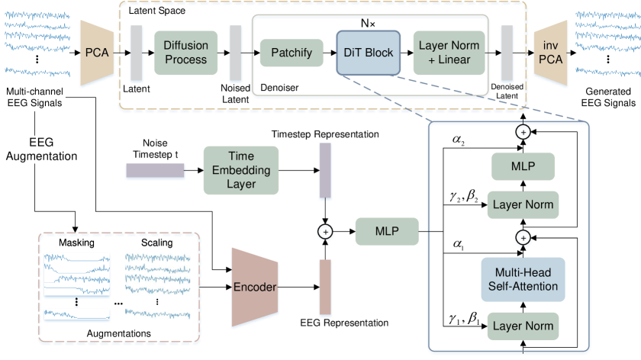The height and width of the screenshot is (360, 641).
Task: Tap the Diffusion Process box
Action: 185,53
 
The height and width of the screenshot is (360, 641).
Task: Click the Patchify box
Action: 292,53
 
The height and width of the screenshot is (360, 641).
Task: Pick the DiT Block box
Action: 369,53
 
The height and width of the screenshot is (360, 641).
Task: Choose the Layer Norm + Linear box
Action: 449,53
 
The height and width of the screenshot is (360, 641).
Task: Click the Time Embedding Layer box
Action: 241,170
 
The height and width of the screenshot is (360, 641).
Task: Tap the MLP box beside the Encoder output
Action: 387,231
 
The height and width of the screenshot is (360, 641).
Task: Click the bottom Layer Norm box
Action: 523,326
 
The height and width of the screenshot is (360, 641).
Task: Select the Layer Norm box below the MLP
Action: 523,204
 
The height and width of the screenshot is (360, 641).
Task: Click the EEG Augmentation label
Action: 41,149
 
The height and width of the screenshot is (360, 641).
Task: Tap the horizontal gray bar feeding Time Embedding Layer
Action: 155,172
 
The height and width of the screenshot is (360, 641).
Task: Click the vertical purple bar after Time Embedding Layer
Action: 325,172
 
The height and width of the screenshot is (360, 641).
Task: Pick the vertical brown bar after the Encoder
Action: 325,287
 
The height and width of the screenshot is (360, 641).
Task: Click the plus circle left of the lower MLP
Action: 325,231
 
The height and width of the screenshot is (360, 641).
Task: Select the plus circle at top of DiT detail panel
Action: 523,131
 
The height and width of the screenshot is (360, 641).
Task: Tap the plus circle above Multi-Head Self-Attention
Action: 523,237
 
